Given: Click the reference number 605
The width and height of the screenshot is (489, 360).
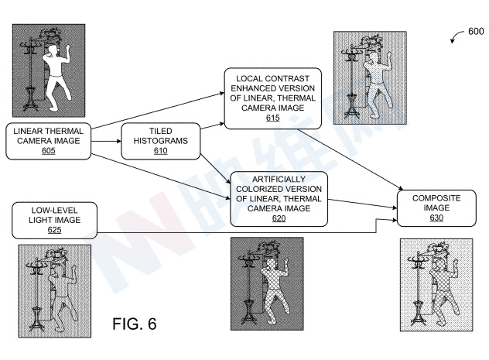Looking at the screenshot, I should point(49,151).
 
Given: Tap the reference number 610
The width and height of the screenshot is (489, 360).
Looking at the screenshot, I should point(161,151).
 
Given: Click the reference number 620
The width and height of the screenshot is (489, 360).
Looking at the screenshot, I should point(278,219).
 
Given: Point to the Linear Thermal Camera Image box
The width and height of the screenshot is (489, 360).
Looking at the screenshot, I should point(49,141).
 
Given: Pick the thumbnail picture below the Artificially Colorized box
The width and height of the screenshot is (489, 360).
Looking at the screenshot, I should point(266,283).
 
